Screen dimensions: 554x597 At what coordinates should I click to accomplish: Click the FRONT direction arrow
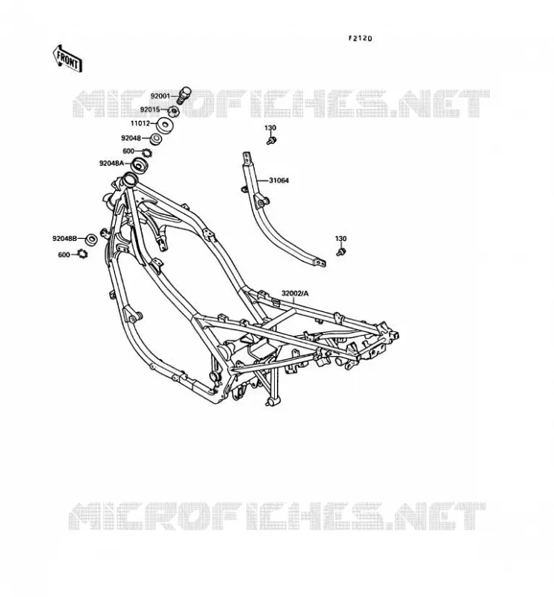click(67, 59)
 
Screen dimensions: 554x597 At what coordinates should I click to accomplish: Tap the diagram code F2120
click(360, 39)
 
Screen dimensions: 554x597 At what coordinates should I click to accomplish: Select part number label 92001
click(160, 96)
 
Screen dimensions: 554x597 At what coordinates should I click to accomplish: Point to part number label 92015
click(150, 110)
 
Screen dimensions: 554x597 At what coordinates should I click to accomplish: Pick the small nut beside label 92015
click(173, 111)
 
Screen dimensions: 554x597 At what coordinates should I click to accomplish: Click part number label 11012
click(140, 123)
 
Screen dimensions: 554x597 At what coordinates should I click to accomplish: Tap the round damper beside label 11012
click(164, 125)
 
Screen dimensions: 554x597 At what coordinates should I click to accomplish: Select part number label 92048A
click(112, 163)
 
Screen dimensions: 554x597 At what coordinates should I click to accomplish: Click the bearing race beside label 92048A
click(139, 166)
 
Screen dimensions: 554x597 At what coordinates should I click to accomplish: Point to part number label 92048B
click(65, 239)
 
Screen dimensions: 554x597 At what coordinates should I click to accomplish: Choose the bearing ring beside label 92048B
click(91, 240)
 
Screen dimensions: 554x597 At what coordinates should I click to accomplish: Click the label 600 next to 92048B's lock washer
click(64, 254)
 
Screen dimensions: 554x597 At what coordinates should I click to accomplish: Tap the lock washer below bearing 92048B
click(82, 253)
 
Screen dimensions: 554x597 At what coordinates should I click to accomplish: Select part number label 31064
click(279, 181)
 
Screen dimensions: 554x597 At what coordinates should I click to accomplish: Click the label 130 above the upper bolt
click(270, 128)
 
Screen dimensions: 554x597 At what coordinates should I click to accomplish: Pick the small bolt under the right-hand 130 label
click(341, 251)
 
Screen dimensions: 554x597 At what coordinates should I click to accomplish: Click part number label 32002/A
click(295, 293)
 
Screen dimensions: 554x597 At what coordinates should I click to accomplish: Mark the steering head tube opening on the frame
click(128, 178)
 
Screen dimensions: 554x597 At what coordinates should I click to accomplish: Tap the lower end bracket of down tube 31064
click(320, 263)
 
